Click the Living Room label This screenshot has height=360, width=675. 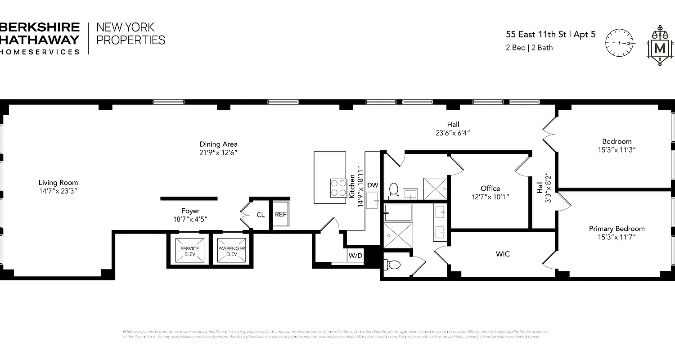58,182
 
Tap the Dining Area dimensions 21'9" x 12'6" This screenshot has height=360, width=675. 219,153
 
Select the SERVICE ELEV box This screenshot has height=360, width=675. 189,251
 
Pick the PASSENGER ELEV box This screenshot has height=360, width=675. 231,251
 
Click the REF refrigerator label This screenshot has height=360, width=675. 281,215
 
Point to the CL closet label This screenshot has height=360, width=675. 261,215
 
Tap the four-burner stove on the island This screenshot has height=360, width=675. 338,188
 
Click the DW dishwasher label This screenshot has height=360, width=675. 372,185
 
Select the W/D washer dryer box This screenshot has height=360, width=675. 355,256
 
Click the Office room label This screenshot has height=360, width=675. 490,188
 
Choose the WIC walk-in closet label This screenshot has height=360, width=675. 503,254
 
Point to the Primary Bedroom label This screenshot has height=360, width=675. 616,229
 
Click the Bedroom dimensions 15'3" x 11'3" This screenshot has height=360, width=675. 616,150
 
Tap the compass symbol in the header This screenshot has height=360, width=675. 620,43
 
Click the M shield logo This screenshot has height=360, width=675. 660,47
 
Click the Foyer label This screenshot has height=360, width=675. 190,211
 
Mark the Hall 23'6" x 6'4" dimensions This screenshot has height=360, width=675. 453,133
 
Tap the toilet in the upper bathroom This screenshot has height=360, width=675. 394,190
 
